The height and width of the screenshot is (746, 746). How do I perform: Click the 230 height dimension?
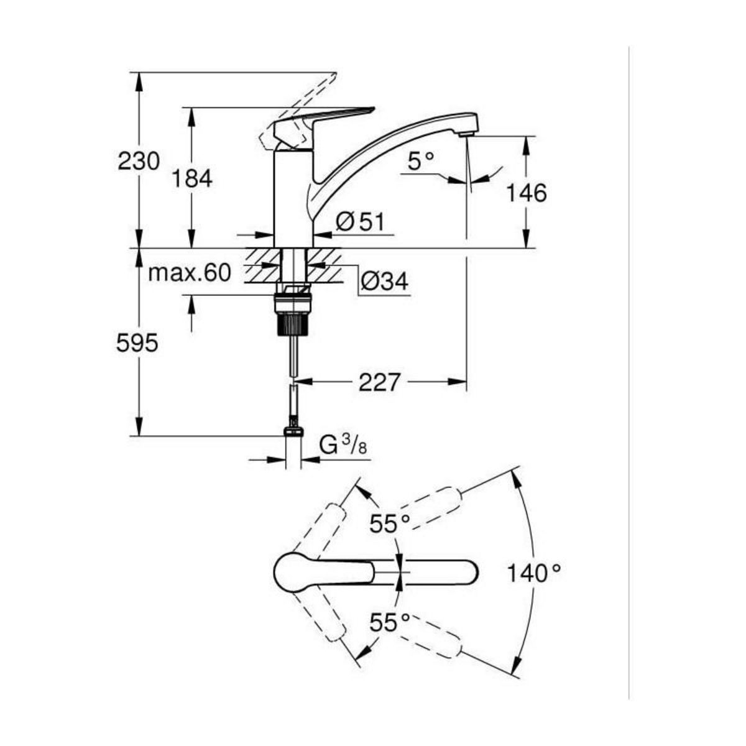139,161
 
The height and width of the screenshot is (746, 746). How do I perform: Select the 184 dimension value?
192,179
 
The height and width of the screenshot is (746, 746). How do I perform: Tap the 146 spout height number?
525,193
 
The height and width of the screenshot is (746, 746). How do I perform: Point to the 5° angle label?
421,162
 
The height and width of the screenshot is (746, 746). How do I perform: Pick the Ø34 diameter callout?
384,282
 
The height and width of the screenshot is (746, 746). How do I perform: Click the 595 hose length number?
137,343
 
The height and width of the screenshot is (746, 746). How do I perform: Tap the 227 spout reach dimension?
379,382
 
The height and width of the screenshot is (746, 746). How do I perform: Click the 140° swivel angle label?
533,572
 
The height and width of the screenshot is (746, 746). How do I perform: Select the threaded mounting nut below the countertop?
292,311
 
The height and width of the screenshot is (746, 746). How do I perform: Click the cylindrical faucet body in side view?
293,199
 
